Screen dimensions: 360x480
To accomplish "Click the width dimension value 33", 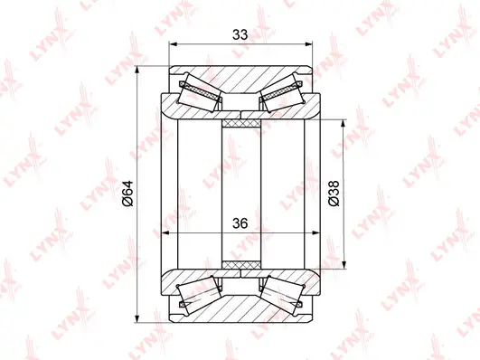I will pos(240,36).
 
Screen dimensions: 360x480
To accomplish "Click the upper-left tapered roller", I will pos(201,95).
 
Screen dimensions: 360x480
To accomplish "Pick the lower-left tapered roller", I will pos(201,292).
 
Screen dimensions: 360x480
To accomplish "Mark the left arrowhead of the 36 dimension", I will pos(166,233).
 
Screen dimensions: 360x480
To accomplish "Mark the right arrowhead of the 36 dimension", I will pos(316,233).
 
